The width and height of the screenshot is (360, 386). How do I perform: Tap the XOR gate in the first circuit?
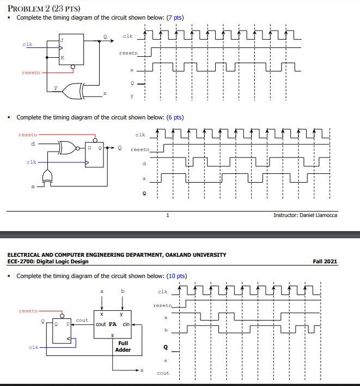pyautogui.click(x=74, y=90)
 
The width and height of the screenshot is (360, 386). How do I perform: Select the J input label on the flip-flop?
pyautogui.click(x=62, y=40)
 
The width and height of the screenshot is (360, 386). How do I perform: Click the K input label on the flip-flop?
pyautogui.click(x=62, y=57)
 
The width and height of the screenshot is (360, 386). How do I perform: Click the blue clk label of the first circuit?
pyautogui.click(x=27, y=44)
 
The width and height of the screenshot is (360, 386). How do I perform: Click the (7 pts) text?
pyautogui.click(x=175, y=17)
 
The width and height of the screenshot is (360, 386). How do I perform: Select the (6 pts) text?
pyautogui.click(x=175, y=117)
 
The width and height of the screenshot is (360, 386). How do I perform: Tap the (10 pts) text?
pyautogui.click(x=176, y=276)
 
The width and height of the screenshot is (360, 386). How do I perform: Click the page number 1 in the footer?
pyautogui.click(x=168, y=215)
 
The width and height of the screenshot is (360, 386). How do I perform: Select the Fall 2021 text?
pyautogui.click(x=325, y=261)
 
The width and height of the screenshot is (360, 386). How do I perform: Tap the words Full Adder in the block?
pyautogui.click(x=123, y=346)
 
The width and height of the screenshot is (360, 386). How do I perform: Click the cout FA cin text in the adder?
pyautogui.click(x=112, y=324)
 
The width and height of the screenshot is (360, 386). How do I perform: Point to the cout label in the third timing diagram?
pyautogui.click(x=162, y=373)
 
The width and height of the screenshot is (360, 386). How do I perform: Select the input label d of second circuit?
pyautogui.click(x=33, y=143)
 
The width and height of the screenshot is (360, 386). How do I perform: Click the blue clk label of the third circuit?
pyautogui.click(x=33, y=347)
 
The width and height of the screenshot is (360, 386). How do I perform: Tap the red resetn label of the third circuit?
pyautogui.click(x=28, y=311)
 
